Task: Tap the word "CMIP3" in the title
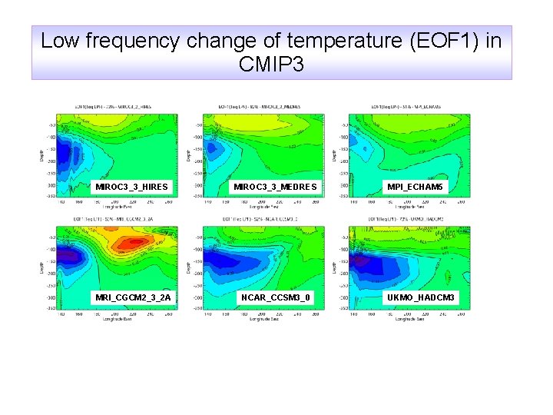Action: tap(271, 65)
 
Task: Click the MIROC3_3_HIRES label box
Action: tap(131, 187)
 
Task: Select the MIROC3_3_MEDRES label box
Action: tap(275, 187)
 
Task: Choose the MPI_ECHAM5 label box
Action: tap(415, 187)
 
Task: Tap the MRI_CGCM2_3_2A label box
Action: tap(132, 297)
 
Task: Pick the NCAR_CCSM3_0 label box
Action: tap(275, 297)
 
